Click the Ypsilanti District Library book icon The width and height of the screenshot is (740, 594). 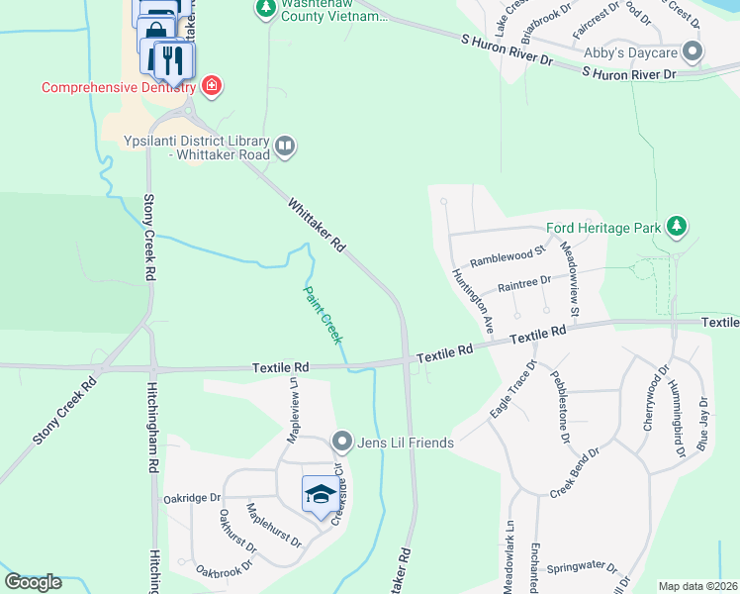tap(285, 147)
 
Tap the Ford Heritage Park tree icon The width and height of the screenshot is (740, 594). tap(677, 228)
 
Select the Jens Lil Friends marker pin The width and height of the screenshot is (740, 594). tap(342, 441)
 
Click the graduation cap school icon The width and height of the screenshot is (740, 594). tap(320, 493)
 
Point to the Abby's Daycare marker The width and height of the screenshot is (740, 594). tap(694, 51)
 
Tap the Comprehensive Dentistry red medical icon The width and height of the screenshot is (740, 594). tap(211, 86)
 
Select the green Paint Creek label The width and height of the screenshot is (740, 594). tap(322, 314)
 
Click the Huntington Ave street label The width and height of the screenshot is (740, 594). tap(473, 299)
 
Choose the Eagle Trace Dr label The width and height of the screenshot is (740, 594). tap(512, 389)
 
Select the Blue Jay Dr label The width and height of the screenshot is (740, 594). tap(703, 424)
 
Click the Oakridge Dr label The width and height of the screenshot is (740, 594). tap(192, 498)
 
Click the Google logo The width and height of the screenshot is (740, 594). tap(33, 581)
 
